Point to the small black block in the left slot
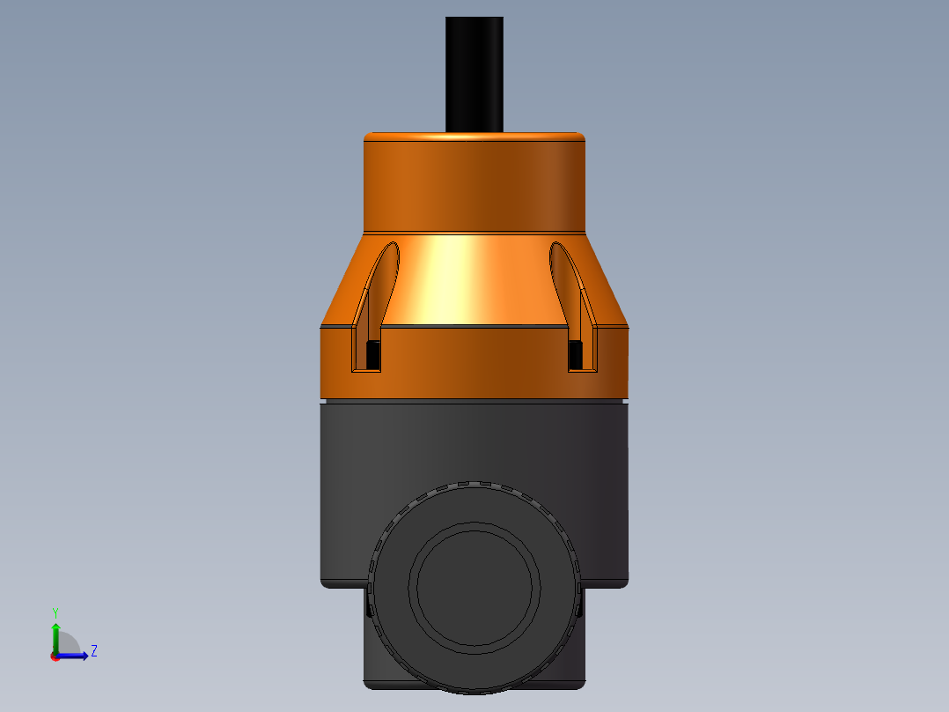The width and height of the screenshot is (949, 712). tap(372, 354)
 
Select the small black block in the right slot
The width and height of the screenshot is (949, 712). tap(576, 354)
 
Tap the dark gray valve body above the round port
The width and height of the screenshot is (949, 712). tap(474, 441)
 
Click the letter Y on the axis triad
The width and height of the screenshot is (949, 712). tap(55, 611)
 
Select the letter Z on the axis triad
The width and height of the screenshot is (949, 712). tap(94, 651)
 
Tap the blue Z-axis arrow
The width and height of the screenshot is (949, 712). tap(76, 656)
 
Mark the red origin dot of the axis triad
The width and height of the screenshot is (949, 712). tap(55, 656)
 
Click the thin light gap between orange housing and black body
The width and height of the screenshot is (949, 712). tap(474, 400)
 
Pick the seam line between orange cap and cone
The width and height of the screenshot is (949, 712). tap(474, 234)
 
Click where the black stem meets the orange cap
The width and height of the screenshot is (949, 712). tap(474, 132)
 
